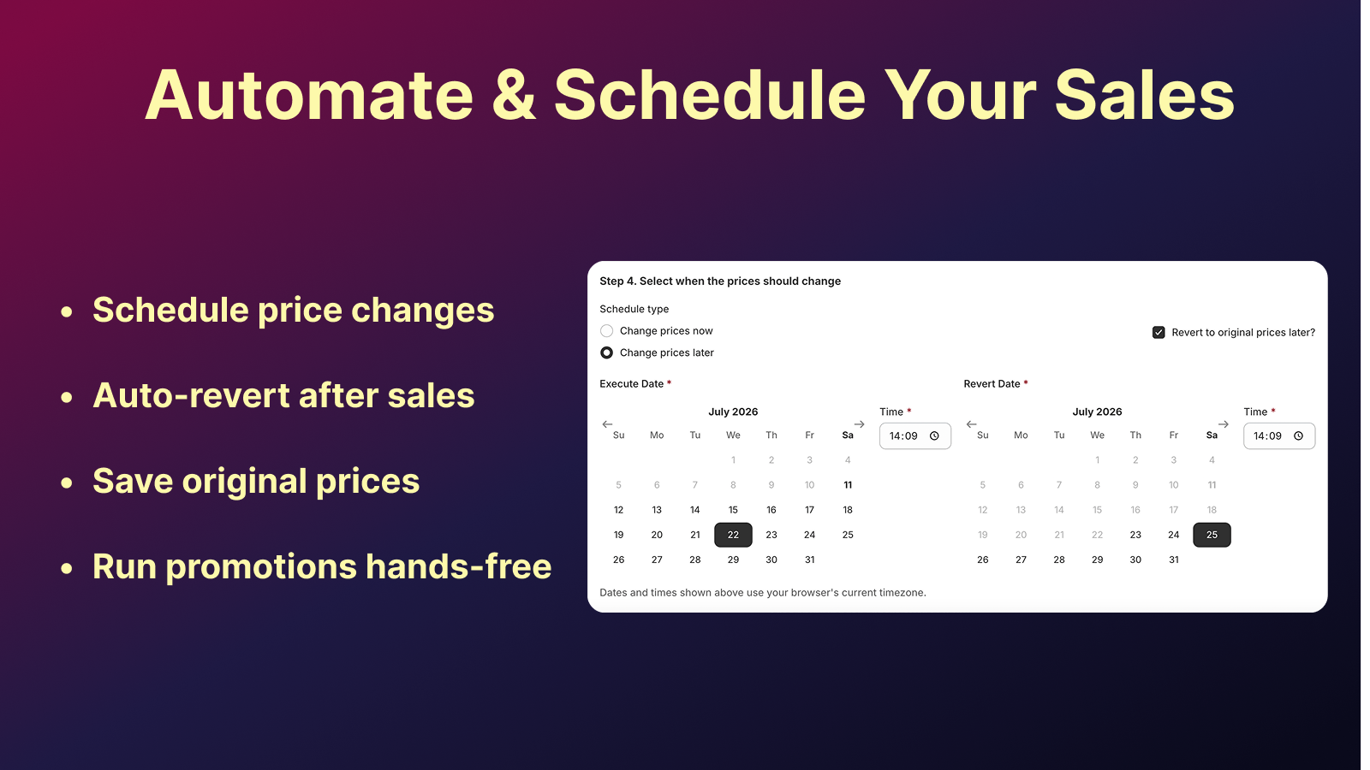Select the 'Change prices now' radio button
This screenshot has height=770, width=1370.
(x=606, y=330)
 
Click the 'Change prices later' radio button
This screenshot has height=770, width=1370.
(x=606, y=352)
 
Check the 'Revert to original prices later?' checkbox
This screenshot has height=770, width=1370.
(x=1159, y=333)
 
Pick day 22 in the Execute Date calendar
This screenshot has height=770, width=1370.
(x=733, y=535)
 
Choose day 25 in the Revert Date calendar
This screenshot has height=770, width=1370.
(x=1211, y=535)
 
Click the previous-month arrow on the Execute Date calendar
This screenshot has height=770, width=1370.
(x=607, y=424)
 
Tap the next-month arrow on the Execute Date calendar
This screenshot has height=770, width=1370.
(x=860, y=424)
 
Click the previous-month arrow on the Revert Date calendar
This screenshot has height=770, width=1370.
(x=971, y=424)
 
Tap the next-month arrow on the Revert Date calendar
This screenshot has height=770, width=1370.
(x=1224, y=424)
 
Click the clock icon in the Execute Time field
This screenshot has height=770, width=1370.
(x=934, y=435)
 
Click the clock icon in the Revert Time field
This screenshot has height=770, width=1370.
(x=1298, y=435)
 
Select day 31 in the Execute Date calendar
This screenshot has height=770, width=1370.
(x=809, y=560)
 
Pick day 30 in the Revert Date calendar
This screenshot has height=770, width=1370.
(x=1135, y=560)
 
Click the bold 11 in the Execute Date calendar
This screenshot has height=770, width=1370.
(x=848, y=485)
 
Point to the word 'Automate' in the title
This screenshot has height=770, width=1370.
(x=309, y=95)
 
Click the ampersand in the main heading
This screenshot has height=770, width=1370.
(x=514, y=95)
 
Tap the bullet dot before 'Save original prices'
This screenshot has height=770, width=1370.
(x=67, y=483)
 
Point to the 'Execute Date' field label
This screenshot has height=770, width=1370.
(x=631, y=384)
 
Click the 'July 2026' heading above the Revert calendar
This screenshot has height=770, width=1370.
(x=1097, y=412)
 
